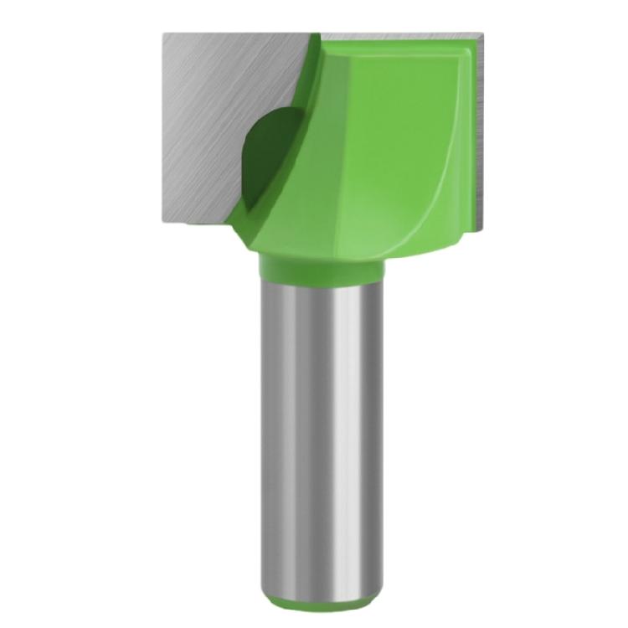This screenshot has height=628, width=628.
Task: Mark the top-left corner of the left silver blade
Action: (165, 34)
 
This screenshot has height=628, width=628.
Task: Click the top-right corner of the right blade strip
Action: (485, 35)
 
